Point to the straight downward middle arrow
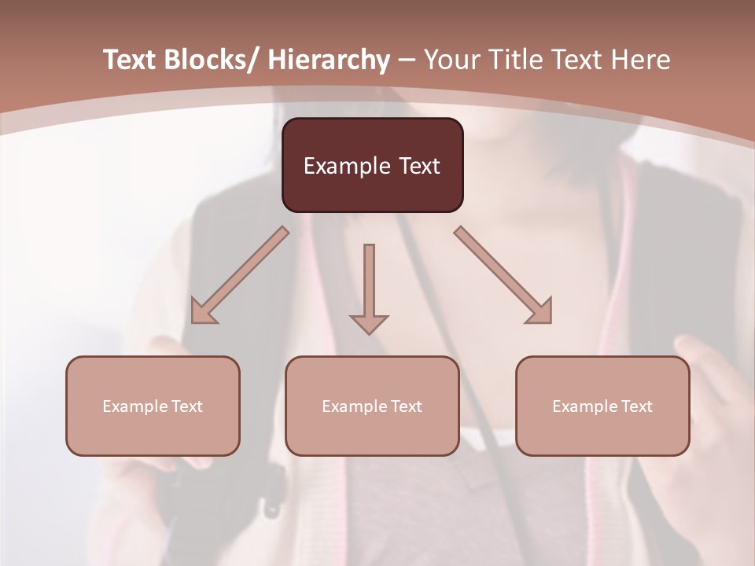369,283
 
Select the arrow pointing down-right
503,275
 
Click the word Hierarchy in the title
329,60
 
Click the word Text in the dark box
419,166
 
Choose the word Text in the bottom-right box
636,406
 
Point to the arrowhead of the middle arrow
369,323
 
